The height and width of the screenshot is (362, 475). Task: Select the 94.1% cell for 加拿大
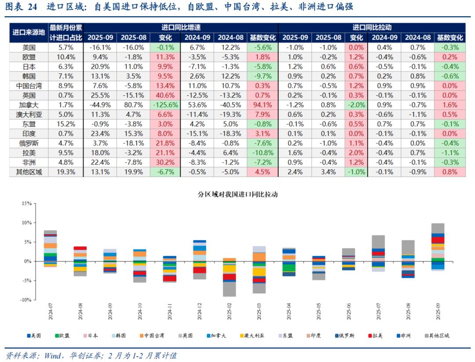[x=262, y=105]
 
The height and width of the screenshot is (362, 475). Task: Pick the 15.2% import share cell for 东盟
[x=66, y=124]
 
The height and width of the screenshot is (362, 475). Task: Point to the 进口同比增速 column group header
[x=181, y=27]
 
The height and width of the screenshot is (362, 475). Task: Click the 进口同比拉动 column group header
[x=372, y=27]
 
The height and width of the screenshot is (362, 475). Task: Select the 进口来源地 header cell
[x=29, y=32]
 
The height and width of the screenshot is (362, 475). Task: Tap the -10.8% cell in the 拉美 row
[x=262, y=153]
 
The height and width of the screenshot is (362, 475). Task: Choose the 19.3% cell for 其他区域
[x=66, y=172]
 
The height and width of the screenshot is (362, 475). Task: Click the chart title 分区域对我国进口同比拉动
[x=238, y=194]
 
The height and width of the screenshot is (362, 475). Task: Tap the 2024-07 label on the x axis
[x=51, y=313]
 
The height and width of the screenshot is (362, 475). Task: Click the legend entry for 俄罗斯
[x=346, y=336]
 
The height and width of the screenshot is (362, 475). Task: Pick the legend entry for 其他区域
[x=438, y=336]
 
